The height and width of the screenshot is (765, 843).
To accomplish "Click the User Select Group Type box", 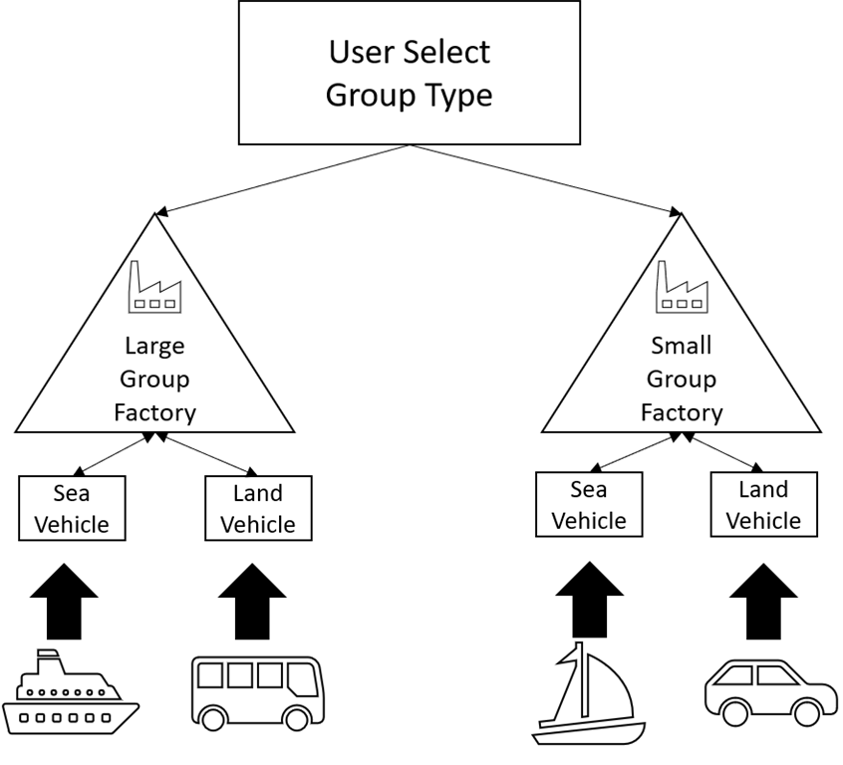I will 409,72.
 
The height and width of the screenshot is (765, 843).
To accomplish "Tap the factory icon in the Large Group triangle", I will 154,286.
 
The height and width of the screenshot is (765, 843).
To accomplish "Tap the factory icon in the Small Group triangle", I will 682,286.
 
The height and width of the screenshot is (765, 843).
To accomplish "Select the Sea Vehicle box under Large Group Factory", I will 72,508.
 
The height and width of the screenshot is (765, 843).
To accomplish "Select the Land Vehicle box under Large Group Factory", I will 258,508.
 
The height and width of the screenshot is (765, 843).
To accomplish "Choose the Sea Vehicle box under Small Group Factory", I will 589,504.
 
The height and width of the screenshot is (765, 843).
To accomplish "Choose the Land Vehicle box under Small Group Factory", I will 763,504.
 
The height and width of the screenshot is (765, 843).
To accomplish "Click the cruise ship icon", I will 70,691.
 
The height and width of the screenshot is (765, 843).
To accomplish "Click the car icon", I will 770,693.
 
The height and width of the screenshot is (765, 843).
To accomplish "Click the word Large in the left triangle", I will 154,347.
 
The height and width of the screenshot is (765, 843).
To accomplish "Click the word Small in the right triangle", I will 682,347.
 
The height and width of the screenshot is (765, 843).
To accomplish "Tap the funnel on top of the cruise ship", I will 48,658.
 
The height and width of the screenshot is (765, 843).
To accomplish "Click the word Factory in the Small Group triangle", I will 682,412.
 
